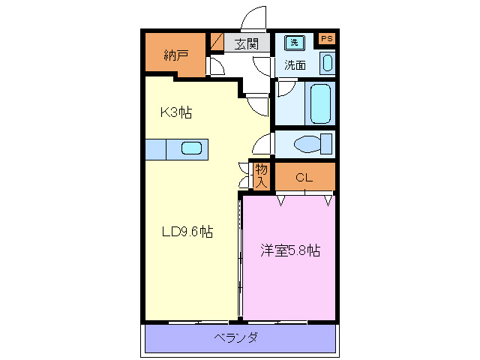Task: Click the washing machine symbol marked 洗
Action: pos(294,43)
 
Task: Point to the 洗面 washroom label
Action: pos(294,65)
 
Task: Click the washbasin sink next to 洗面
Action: pos(327,63)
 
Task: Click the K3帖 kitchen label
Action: pos(176,112)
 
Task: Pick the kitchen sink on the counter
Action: pos(190,148)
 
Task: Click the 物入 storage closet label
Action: pos(261,175)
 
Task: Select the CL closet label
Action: pos(304,178)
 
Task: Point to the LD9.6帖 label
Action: pos(187,232)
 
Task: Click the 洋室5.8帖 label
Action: pos(290,251)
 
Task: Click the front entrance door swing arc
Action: pos(255,19)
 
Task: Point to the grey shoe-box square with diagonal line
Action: pos(217,42)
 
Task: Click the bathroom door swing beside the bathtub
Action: pos(284,90)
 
